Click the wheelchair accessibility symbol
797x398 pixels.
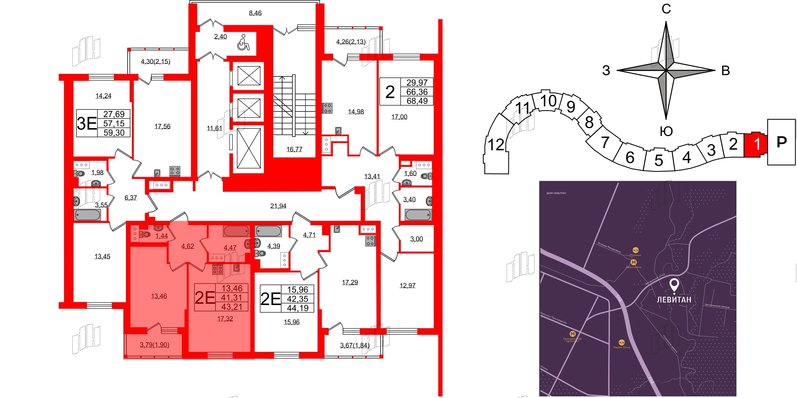click(243, 43)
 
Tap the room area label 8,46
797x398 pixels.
click(255, 13)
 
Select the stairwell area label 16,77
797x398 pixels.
click(294, 149)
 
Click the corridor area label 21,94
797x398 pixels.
click(278, 206)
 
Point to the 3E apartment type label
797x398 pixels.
click(87, 124)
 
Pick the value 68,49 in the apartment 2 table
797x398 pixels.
click(417, 101)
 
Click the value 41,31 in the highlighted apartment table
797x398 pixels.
click(232, 297)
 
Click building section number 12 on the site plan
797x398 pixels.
click(496, 145)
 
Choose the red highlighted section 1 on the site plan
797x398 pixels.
click(757, 144)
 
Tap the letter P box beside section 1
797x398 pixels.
click(781, 142)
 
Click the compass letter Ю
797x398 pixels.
click(666, 131)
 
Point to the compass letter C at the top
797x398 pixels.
click(666, 9)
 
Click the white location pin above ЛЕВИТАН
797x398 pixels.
click(674, 285)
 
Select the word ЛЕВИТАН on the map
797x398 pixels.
click(674, 300)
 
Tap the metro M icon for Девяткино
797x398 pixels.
click(634, 262)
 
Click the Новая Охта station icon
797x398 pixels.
click(622, 343)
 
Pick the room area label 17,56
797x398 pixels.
click(162, 126)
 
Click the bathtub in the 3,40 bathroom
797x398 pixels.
click(418, 215)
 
